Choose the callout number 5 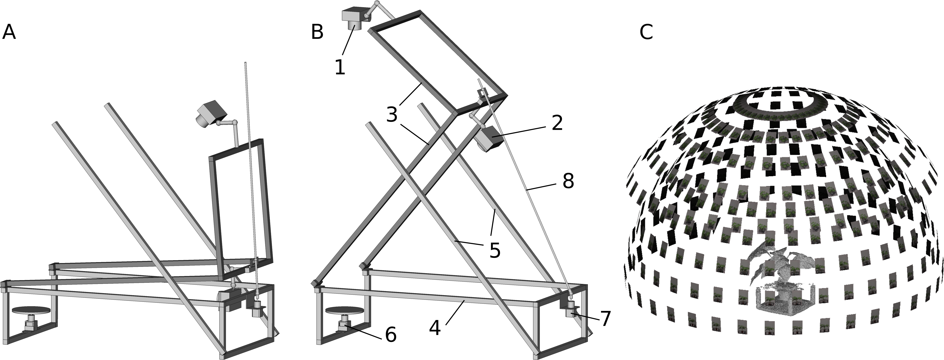pyautogui.click(x=495, y=251)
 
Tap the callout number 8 pyautogui.click(x=568, y=181)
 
